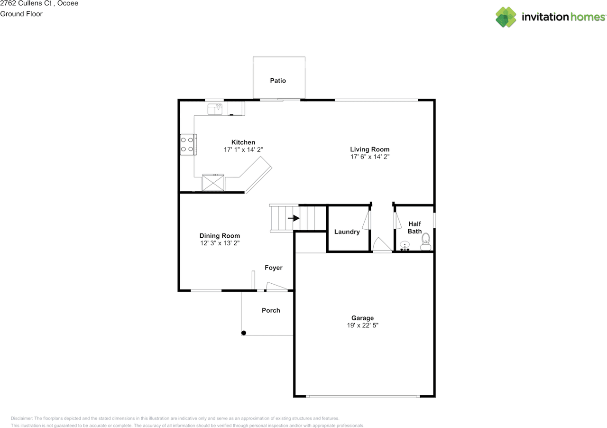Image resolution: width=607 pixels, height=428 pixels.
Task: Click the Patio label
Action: coord(278,81)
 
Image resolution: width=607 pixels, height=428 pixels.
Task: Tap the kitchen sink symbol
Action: coord(215,109)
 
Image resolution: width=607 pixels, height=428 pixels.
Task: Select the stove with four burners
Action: coord(188,145)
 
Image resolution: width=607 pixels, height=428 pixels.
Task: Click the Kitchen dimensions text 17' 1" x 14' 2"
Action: coord(243,149)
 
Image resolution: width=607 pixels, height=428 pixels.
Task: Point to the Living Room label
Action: coord(369,149)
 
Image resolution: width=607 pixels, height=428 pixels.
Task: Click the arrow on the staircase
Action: coord(294,218)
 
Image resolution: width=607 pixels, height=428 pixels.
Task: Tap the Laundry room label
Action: coord(347,232)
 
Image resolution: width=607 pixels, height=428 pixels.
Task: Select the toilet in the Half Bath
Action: coord(426,242)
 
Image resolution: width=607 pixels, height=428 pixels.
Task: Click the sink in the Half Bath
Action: coord(405,246)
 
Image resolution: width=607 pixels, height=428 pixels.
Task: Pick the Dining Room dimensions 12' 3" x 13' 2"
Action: coord(220,243)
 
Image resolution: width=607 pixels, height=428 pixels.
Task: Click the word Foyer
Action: coord(274,268)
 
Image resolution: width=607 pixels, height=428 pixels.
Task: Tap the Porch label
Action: coord(271,310)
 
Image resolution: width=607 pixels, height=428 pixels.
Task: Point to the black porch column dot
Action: coord(244,333)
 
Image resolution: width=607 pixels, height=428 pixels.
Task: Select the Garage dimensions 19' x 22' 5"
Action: coord(363,325)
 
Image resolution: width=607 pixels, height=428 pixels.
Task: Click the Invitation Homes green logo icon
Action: coord(506,17)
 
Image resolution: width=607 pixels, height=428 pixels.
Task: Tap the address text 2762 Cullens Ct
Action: coord(26,3)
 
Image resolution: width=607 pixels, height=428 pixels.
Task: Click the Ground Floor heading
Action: coord(21,14)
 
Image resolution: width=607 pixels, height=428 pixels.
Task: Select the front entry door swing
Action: coord(276,286)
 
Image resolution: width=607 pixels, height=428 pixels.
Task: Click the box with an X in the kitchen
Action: coord(213,183)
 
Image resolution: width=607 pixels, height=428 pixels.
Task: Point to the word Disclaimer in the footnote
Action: coord(22,418)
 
